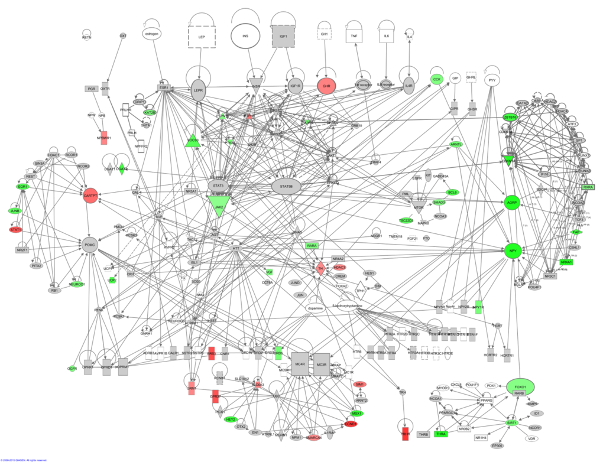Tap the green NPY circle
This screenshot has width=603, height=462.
(512, 250)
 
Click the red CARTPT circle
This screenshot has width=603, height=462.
(90, 196)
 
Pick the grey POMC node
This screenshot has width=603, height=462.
(90, 243)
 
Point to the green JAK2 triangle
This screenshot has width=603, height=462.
(219, 206)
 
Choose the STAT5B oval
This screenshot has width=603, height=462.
(286, 187)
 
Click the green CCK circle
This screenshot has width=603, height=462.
(437, 79)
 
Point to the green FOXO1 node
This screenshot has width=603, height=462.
(520, 388)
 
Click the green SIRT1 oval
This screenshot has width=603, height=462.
(512, 423)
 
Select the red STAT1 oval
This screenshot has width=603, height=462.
(15, 229)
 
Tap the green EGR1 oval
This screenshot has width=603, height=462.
(23, 187)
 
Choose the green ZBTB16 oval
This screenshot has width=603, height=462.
(510, 117)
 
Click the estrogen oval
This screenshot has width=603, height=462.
(151, 35)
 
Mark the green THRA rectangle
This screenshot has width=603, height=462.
(440, 434)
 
